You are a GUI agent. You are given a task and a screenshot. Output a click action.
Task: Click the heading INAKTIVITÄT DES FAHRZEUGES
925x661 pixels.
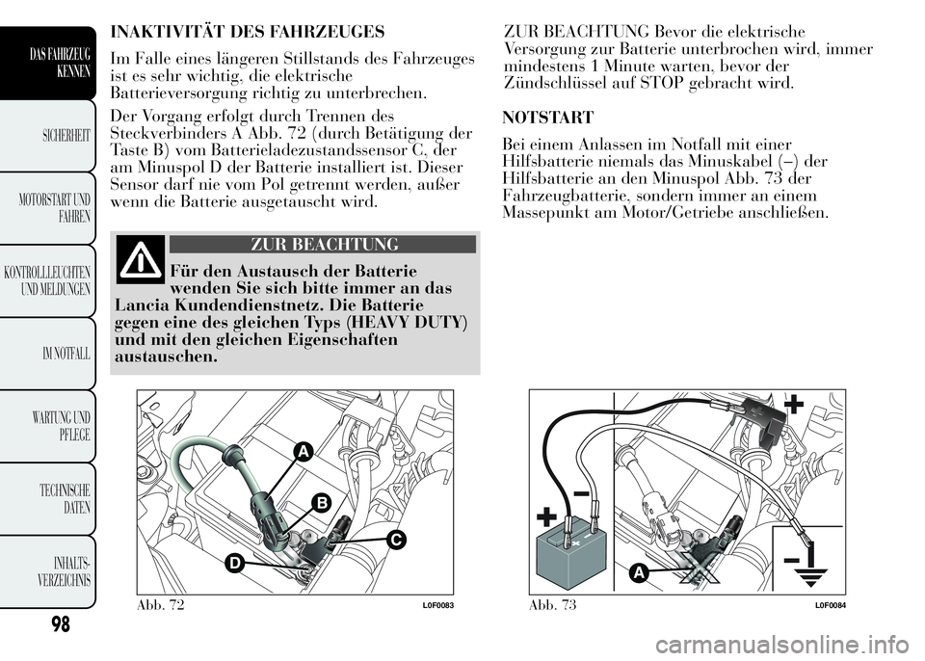(248, 31)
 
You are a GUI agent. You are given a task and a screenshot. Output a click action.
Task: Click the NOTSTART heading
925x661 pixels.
(547, 118)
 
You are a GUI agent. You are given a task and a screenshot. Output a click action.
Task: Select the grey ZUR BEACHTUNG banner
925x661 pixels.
(323, 245)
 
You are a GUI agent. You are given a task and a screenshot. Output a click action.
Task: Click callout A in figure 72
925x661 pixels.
(302, 452)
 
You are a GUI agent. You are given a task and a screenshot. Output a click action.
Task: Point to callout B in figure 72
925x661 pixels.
(322, 503)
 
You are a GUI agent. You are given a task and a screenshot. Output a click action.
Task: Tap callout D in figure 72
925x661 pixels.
(234, 564)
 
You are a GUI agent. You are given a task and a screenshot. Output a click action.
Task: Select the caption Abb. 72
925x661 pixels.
(161, 604)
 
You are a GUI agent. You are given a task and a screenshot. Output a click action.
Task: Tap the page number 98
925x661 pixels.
(60, 623)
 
